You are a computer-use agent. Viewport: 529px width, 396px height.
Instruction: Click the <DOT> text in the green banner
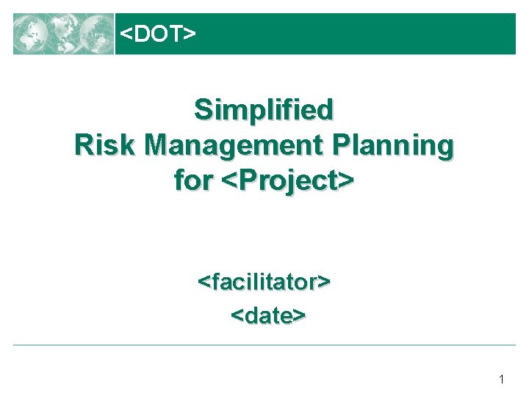click(x=157, y=34)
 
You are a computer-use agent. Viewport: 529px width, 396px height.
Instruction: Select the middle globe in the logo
click(x=64, y=34)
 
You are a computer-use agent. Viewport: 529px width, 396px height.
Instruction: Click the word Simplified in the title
click(x=264, y=110)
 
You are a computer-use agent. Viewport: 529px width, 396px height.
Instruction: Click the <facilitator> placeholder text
click(x=264, y=281)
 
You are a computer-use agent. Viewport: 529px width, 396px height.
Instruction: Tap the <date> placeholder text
click(x=268, y=315)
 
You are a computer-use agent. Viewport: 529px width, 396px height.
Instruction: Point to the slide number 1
click(x=501, y=379)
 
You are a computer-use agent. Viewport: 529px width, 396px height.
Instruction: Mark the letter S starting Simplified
click(x=203, y=110)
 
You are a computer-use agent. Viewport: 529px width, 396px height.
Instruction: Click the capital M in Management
click(x=157, y=145)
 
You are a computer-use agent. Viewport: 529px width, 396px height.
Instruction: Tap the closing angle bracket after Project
click(x=348, y=180)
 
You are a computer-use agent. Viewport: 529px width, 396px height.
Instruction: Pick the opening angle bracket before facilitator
click(x=204, y=282)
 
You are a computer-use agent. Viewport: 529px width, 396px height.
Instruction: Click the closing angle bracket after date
click(x=300, y=316)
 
